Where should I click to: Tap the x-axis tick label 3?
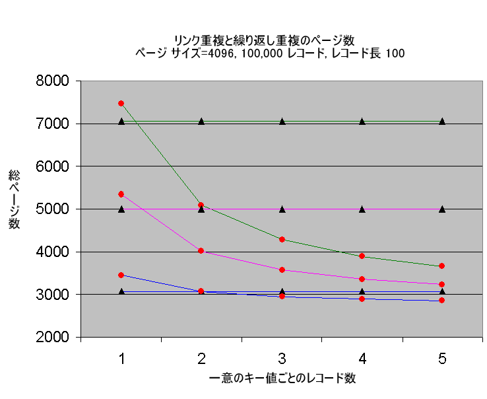coord(282,359)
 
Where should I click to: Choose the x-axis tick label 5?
coord(442,359)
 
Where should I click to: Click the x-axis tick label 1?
coord(121,359)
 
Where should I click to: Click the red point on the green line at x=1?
coord(121,103)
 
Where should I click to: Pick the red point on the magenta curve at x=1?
coord(121,194)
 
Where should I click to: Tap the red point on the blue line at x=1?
coord(121,275)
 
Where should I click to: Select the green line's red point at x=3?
coord(282,239)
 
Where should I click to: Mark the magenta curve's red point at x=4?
coord(362,279)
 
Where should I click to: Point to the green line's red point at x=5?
coord(442,266)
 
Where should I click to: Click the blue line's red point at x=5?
coord(442,301)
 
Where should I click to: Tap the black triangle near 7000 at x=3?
coord(282,122)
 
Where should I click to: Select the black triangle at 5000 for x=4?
coord(362,209)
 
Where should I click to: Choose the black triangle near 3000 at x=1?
coord(121,291)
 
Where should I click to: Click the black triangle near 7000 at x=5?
coord(442,122)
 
